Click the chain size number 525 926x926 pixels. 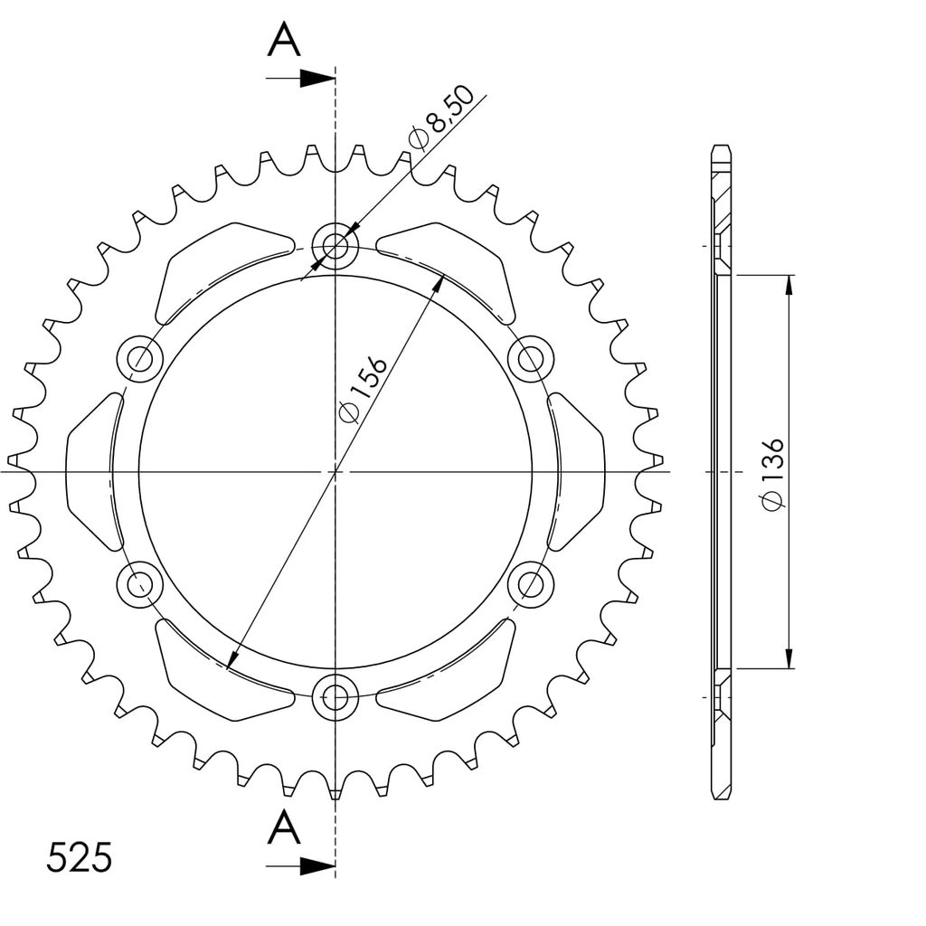(x=80, y=857)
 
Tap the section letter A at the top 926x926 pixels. (x=284, y=40)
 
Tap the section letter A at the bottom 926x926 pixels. (x=284, y=827)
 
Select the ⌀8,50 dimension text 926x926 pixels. (x=441, y=117)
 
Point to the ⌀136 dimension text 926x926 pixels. (x=772, y=474)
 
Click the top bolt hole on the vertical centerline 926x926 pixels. (x=335, y=245)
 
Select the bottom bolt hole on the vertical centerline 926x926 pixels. (x=335, y=697)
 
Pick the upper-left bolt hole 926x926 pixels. (x=140, y=358)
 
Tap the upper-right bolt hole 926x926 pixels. (x=531, y=358)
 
